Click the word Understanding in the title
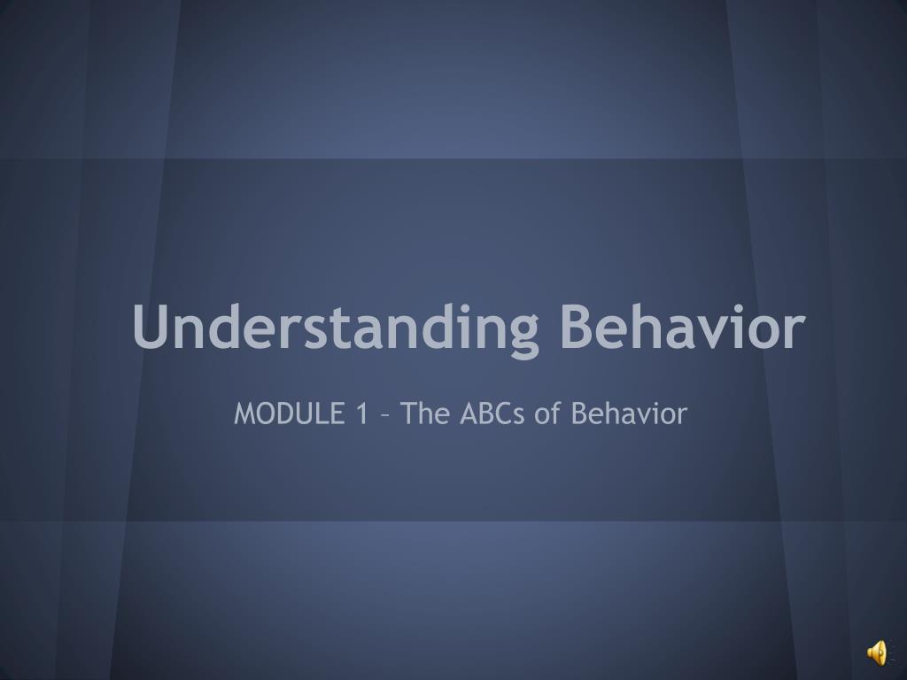336,327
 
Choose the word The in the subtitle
425,413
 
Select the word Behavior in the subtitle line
629,413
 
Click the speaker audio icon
876,653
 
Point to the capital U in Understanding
151,327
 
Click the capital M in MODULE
244,413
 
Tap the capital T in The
409,413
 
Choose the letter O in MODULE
266,413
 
